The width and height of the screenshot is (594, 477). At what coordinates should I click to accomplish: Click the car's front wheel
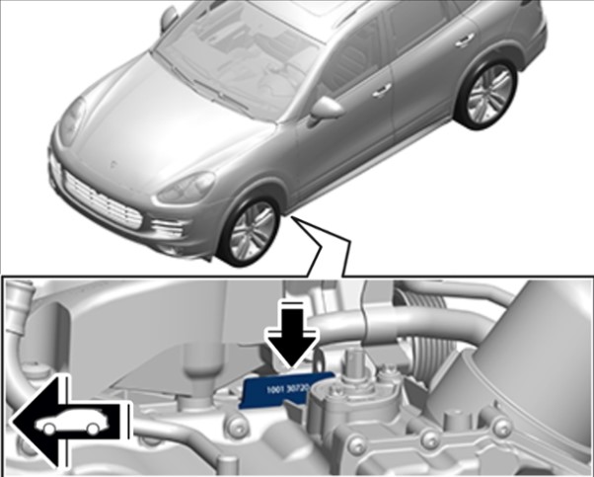click(251, 231)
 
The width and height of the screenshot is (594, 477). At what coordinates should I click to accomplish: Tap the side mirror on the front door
click(325, 110)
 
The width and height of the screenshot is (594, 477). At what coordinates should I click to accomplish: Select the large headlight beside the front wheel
click(186, 188)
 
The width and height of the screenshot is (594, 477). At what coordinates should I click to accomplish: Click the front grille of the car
click(103, 200)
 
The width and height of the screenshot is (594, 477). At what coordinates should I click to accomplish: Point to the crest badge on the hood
click(112, 165)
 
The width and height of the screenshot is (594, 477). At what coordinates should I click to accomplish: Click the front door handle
click(382, 91)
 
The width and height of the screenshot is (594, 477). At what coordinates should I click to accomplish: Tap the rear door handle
click(465, 40)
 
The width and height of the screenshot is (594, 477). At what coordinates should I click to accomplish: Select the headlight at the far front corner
click(73, 120)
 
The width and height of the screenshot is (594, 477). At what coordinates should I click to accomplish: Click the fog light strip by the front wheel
click(169, 227)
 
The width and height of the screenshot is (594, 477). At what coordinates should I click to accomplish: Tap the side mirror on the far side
click(169, 18)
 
